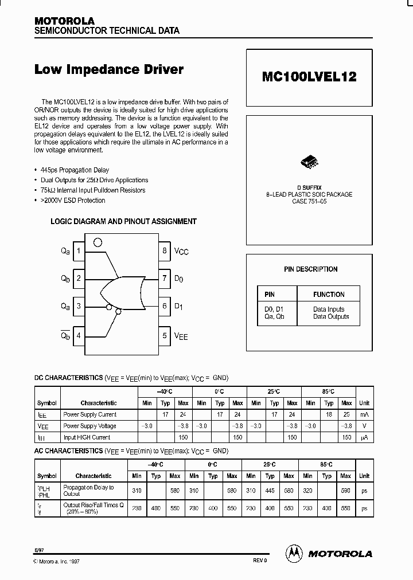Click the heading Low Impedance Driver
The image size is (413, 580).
(109, 70)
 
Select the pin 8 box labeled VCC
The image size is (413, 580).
(165, 250)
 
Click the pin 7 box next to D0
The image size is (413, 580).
(165, 279)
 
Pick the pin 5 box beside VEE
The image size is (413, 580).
(165, 336)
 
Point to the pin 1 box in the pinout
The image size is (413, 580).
(79, 250)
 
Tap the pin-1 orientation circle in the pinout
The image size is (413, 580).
(98, 243)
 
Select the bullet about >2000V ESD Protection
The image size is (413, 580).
(75, 201)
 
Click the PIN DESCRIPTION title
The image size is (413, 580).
(311, 269)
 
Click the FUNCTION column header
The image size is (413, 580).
(329, 295)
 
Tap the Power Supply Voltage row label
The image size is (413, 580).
(89, 426)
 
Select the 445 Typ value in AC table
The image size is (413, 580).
(270, 491)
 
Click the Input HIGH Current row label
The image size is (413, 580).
(87, 437)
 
